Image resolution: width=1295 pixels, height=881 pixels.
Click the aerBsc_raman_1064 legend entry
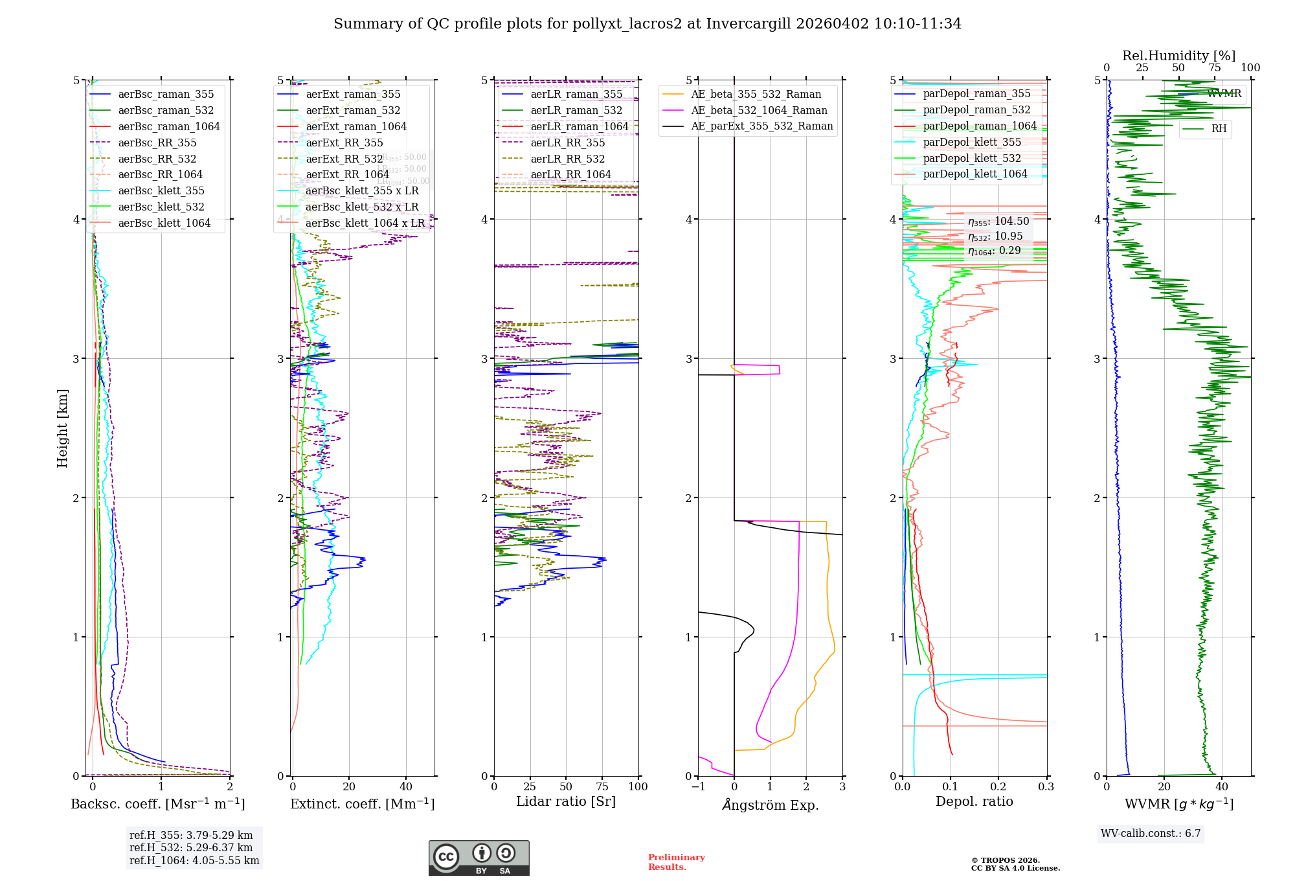coord(168,127)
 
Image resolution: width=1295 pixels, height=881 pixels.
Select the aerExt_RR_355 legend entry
coord(344,143)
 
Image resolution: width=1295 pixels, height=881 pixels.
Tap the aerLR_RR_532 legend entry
coord(567,159)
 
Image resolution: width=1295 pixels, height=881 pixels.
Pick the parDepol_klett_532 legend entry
coord(971,159)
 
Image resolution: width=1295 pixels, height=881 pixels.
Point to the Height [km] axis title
coord(62,428)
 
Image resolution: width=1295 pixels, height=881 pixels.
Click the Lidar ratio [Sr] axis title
coord(565,802)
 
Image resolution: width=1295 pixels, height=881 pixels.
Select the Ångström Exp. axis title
coord(770,805)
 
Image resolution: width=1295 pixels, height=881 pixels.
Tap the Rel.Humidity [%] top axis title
coord(1178,56)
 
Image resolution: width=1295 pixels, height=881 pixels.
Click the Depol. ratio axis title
coord(974,802)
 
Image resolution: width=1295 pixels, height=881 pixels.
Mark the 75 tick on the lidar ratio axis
coord(603,787)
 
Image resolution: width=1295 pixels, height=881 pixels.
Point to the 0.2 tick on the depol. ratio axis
coord(998,787)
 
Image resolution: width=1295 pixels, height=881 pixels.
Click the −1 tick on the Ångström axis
coord(698,787)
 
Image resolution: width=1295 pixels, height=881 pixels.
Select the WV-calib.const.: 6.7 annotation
coord(1151,834)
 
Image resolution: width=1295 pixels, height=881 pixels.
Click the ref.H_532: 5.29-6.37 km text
coord(191,848)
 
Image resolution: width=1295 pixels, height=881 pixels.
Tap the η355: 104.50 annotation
coord(998,222)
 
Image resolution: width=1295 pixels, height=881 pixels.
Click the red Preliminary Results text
coord(676,862)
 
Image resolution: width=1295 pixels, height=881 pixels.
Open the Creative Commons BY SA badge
coord(479,858)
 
